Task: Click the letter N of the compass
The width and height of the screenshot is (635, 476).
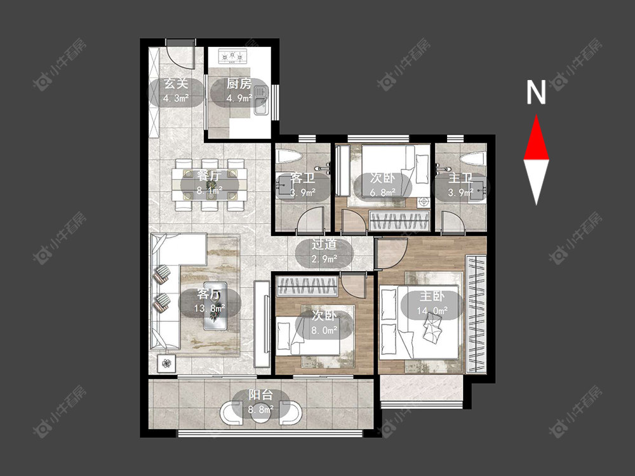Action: coord(536,92)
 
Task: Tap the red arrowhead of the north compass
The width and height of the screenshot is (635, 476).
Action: coord(536,137)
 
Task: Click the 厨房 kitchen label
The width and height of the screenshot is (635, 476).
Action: coord(239,84)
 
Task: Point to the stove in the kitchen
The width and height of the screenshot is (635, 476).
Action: coord(232,56)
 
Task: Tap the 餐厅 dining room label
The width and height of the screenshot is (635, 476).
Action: coord(210,176)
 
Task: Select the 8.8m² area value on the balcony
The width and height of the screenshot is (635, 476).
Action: coord(261,409)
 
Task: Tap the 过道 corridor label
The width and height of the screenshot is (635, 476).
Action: coord(324,244)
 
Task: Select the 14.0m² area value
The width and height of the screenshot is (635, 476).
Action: coord(432,311)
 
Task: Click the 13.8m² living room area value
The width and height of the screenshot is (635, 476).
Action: coord(210,308)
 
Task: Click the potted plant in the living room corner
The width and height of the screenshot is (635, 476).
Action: coord(166,364)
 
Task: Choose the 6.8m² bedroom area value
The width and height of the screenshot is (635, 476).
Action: coord(382,193)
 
